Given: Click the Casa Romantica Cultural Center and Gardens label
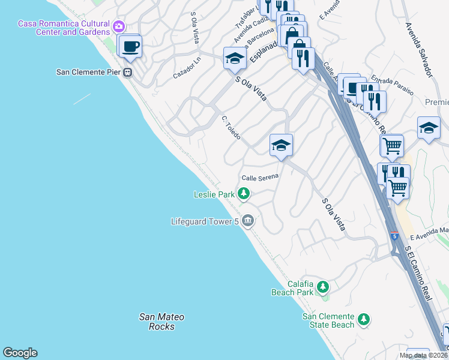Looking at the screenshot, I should coord(64,28).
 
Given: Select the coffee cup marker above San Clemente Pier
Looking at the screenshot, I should coord(130,46).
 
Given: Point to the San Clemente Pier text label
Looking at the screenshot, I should coord(88,72).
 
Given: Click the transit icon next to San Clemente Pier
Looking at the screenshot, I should coord(127,72).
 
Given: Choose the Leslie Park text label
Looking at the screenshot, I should coord(214,194).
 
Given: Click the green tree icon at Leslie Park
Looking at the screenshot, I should coord(243,193).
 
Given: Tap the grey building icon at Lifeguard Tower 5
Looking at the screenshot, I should coord(248,221).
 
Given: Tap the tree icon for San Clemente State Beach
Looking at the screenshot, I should coord(363,320).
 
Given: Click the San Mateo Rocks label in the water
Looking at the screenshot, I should coord(161,322).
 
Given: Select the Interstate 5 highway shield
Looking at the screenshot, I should coord(394,235).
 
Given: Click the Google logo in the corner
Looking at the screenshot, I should coord(20,353).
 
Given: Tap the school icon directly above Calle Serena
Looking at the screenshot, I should coord(281,145).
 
